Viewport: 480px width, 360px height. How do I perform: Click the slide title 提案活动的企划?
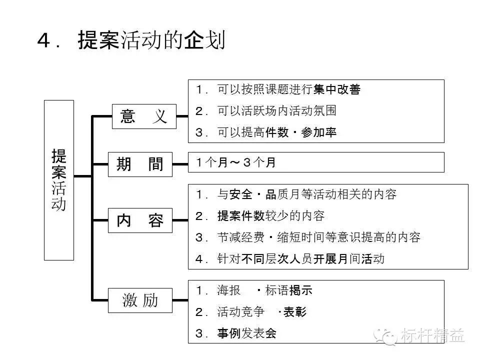pyautogui.click(x=152, y=40)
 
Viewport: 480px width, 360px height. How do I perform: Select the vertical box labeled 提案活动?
pyautogui.click(x=59, y=180)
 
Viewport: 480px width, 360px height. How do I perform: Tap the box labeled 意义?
pyautogui.click(x=144, y=116)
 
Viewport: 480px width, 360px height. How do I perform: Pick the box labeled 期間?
pyautogui.click(x=140, y=164)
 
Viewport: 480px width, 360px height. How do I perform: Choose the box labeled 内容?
pyautogui.click(x=140, y=220)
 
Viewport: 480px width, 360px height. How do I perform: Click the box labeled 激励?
pyautogui.click(x=140, y=300)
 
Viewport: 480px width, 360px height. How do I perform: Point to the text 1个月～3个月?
pyautogui.click(x=235, y=162)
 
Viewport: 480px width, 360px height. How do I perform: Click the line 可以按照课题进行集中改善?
pyautogui.click(x=288, y=89)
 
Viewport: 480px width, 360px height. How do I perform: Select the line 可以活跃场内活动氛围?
pyautogui.click(x=276, y=111)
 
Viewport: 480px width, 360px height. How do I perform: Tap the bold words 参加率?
pyautogui.click(x=318, y=132)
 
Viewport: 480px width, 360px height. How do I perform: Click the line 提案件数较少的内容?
pyautogui.click(x=271, y=216)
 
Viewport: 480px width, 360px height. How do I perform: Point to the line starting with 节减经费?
pyautogui.click(x=318, y=237)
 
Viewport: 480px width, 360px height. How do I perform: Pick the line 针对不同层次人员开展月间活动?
pyautogui.click(x=300, y=259)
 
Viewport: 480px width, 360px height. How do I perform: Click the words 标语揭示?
pyautogui.click(x=288, y=290)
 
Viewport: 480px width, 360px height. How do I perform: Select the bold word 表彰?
pyautogui.click(x=295, y=312)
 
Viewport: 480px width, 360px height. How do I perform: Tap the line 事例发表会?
pyautogui.click(x=246, y=333)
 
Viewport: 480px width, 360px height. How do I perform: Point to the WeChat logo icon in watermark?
pyautogui.click(x=385, y=336)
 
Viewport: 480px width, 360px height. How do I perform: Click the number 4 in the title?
pyautogui.click(x=43, y=40)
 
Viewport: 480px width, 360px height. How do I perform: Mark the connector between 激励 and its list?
pyautogui.click(x=180, y=300)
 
